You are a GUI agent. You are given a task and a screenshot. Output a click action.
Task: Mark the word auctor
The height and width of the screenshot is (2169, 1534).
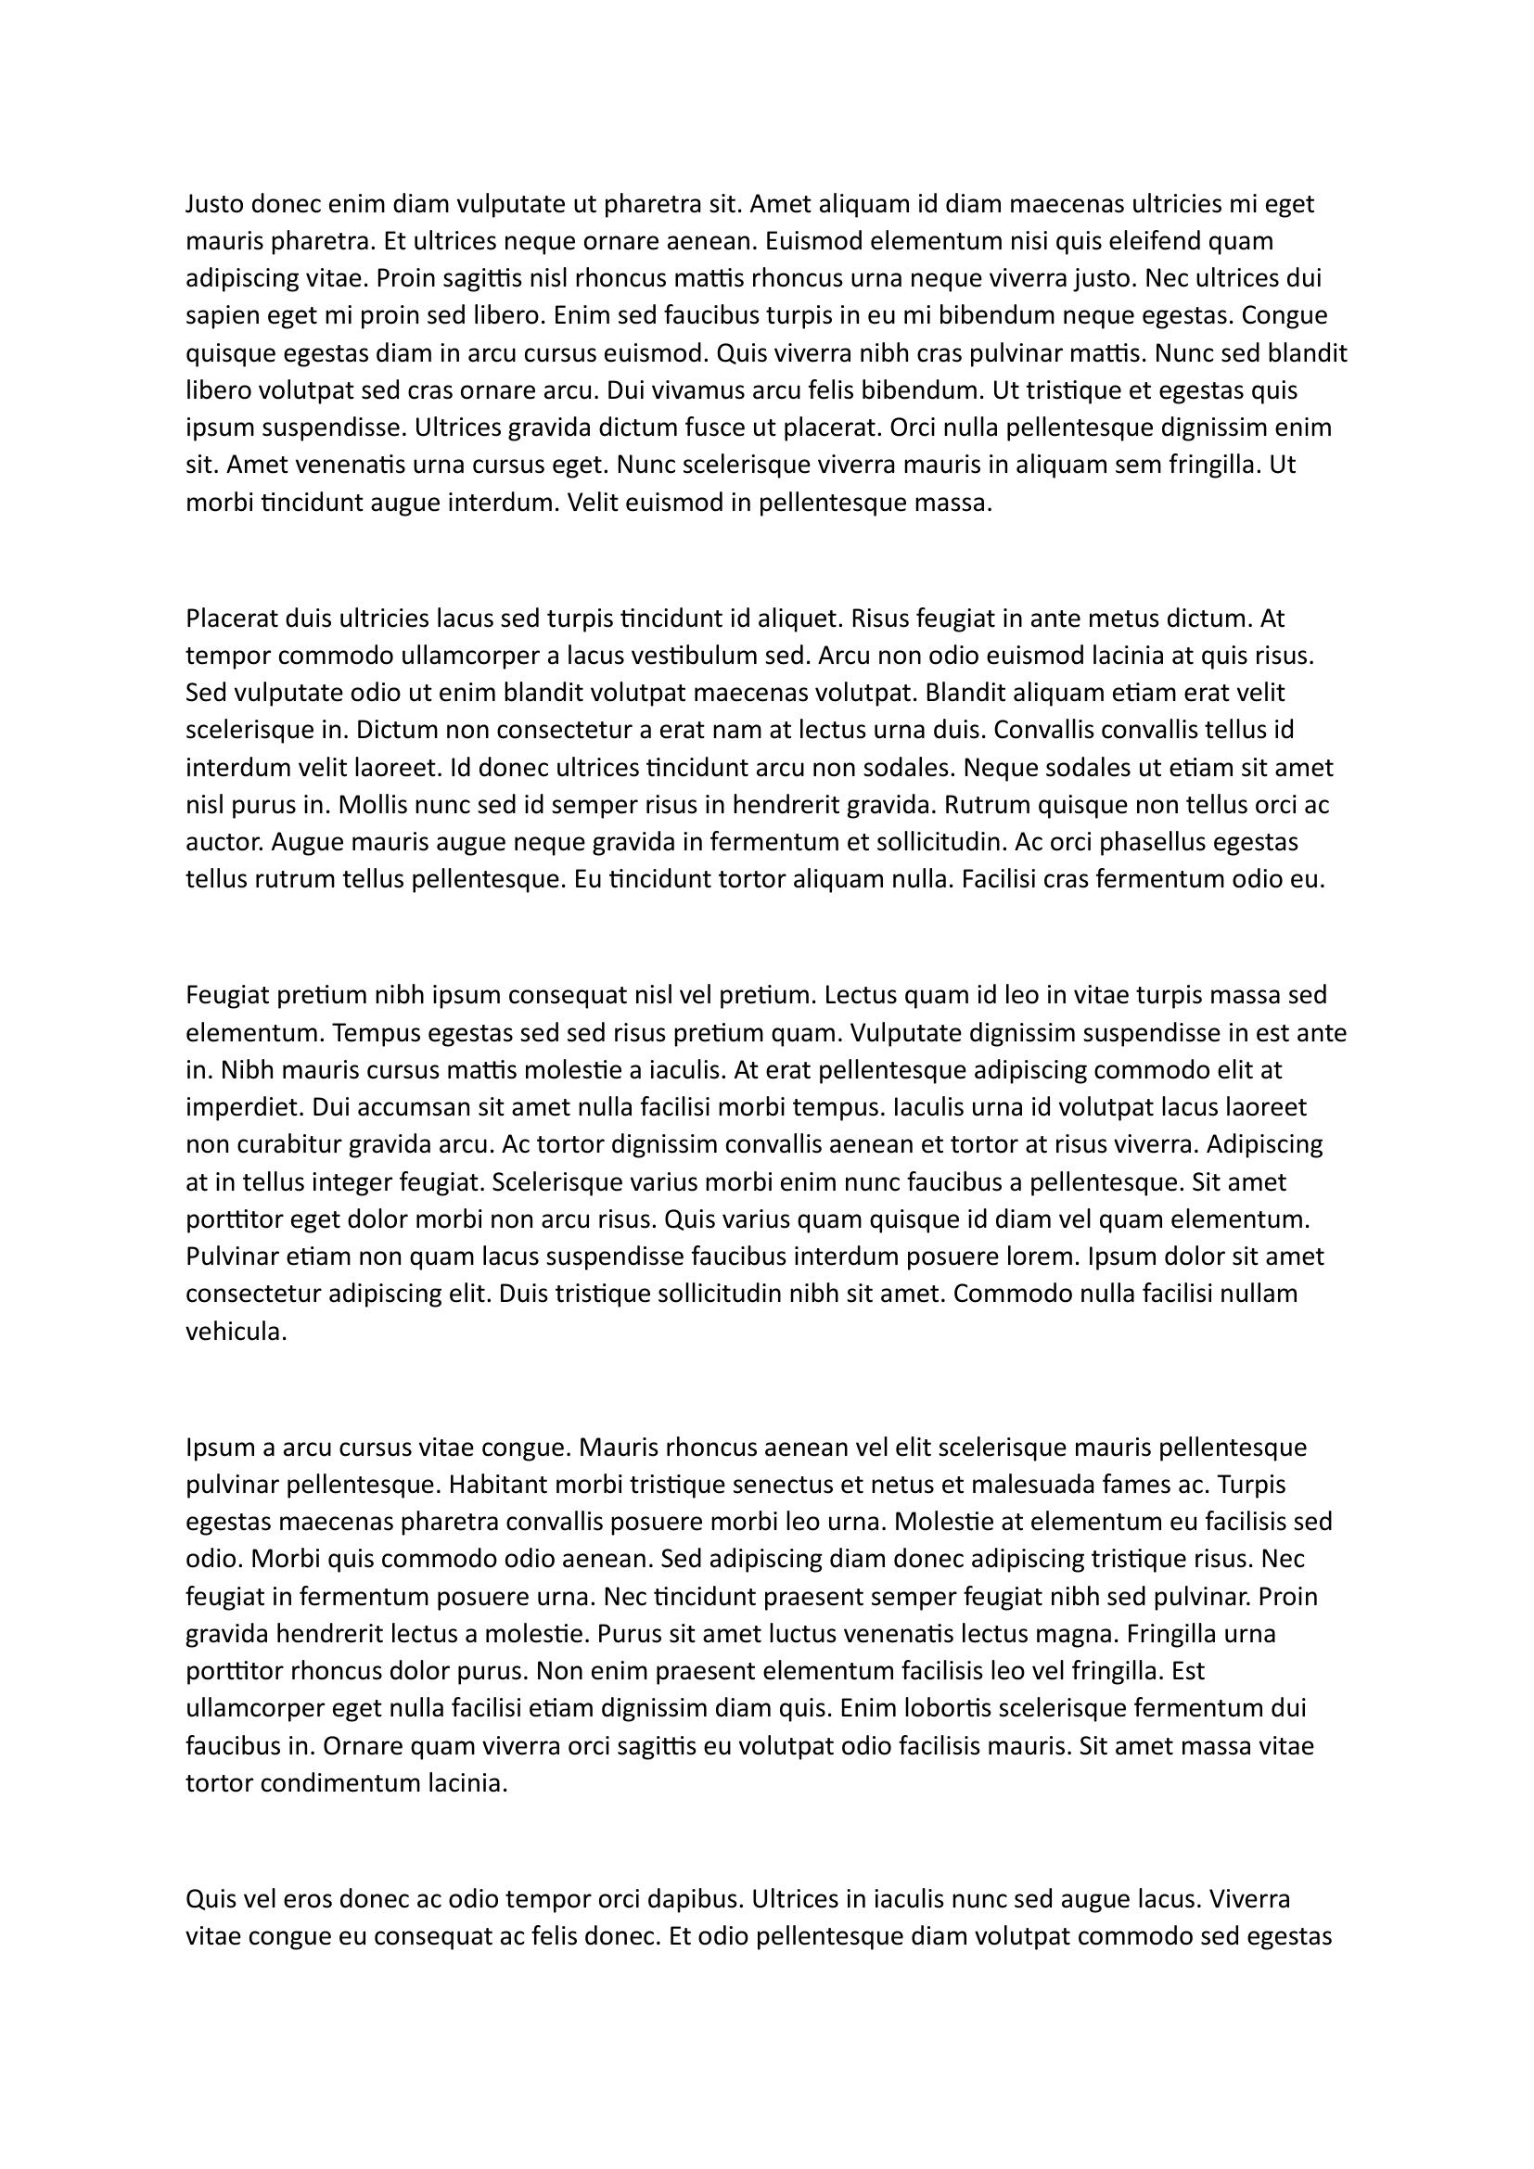(x=220, y=843)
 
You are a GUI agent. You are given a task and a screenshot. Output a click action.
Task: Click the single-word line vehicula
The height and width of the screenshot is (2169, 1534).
(x=235, y=1332)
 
